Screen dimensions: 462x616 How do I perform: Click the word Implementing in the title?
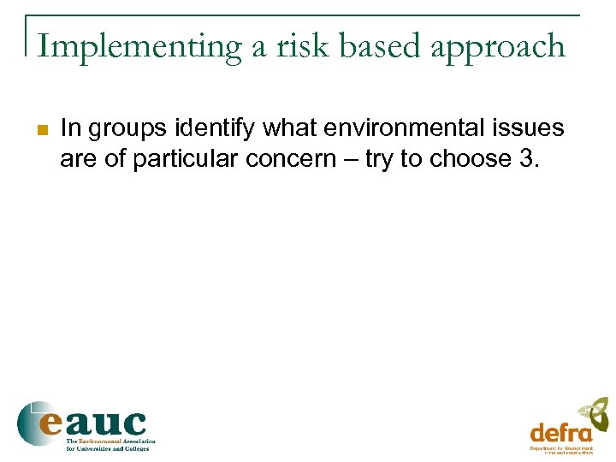pos(139,47)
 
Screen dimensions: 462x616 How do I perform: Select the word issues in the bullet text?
pos(530,128)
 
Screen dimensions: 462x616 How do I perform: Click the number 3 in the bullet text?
pos(524,159)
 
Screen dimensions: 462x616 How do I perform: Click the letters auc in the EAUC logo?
pos(106,423)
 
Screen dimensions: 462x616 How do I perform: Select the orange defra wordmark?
pos(560,432)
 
